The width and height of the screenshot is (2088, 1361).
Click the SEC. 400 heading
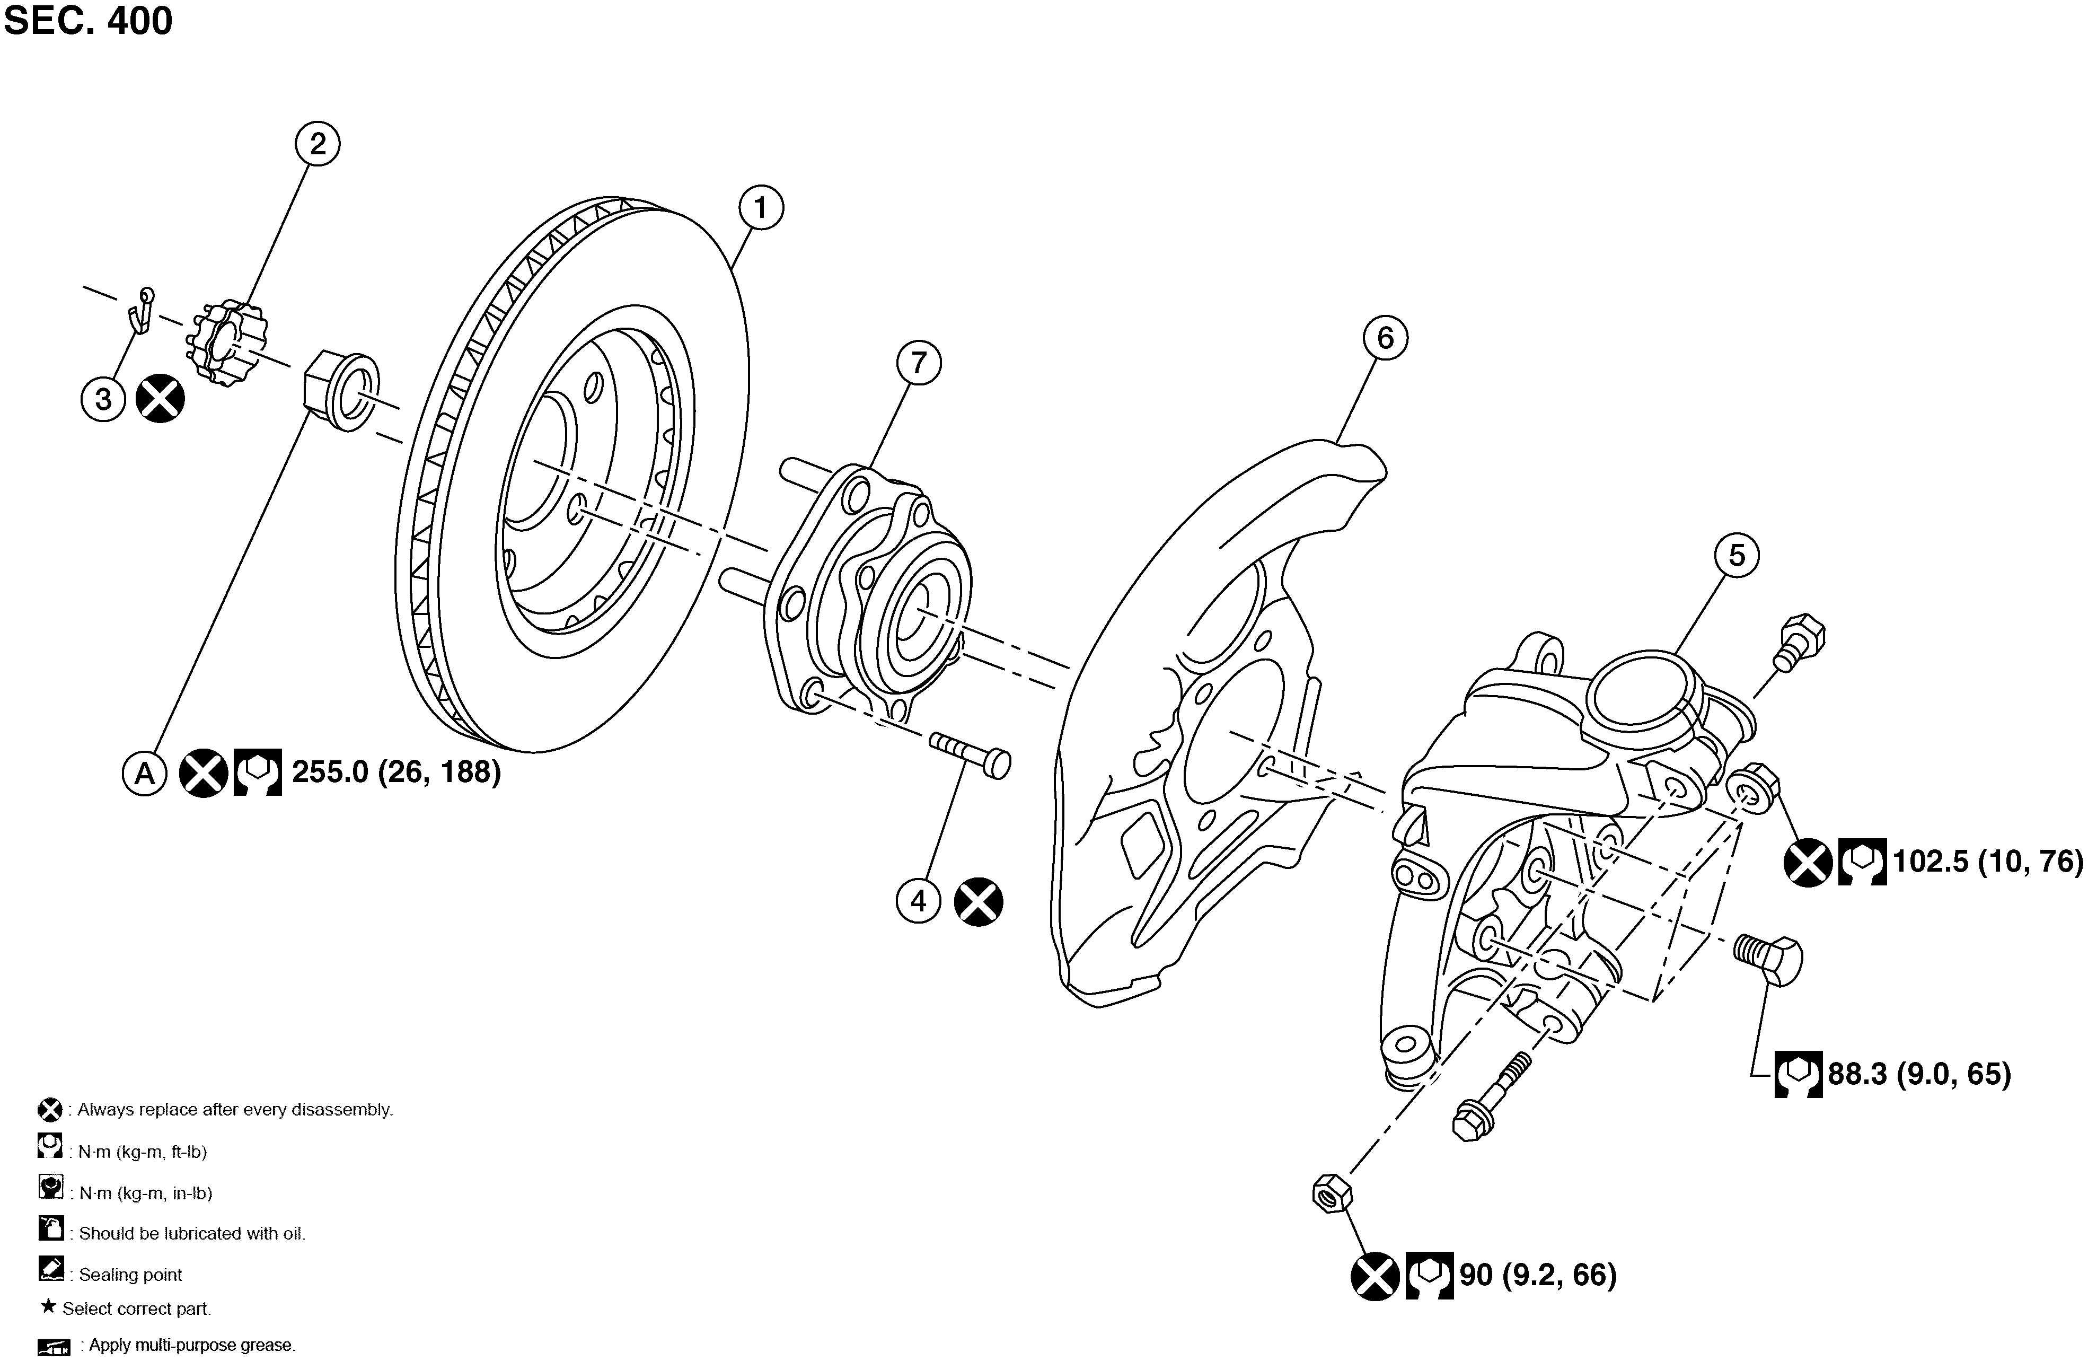[x=89, y=21]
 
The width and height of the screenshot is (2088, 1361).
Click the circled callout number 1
[x=761, y=208]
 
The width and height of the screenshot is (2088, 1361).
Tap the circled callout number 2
[x=318, y=143]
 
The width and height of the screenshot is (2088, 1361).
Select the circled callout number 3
[x=103, y=399]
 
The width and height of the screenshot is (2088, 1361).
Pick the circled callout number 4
[x=919, y=901]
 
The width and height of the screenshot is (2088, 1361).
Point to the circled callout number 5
[x=1737, y=556]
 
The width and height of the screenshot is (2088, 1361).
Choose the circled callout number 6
[x=1385, y=338]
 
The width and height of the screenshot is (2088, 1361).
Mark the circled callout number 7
[x=919, y=363]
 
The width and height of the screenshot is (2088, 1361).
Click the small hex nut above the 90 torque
[x=1332, y=1193]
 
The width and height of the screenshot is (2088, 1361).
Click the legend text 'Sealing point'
[x=131, y=1274]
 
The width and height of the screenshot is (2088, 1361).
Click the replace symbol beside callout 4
[x=978, y=901]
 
